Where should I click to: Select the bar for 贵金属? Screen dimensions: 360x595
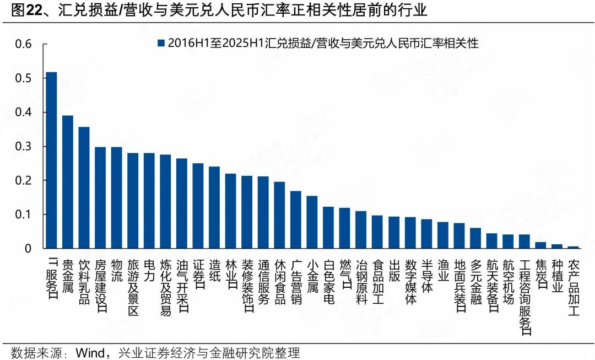(x=68, y=182)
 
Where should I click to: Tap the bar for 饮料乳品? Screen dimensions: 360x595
(x=84, y=187)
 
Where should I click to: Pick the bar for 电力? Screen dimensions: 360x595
(x=149, y=201)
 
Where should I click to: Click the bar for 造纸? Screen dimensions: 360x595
(x=214, y=207)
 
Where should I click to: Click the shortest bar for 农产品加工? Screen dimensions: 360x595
(x=574, y=247)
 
